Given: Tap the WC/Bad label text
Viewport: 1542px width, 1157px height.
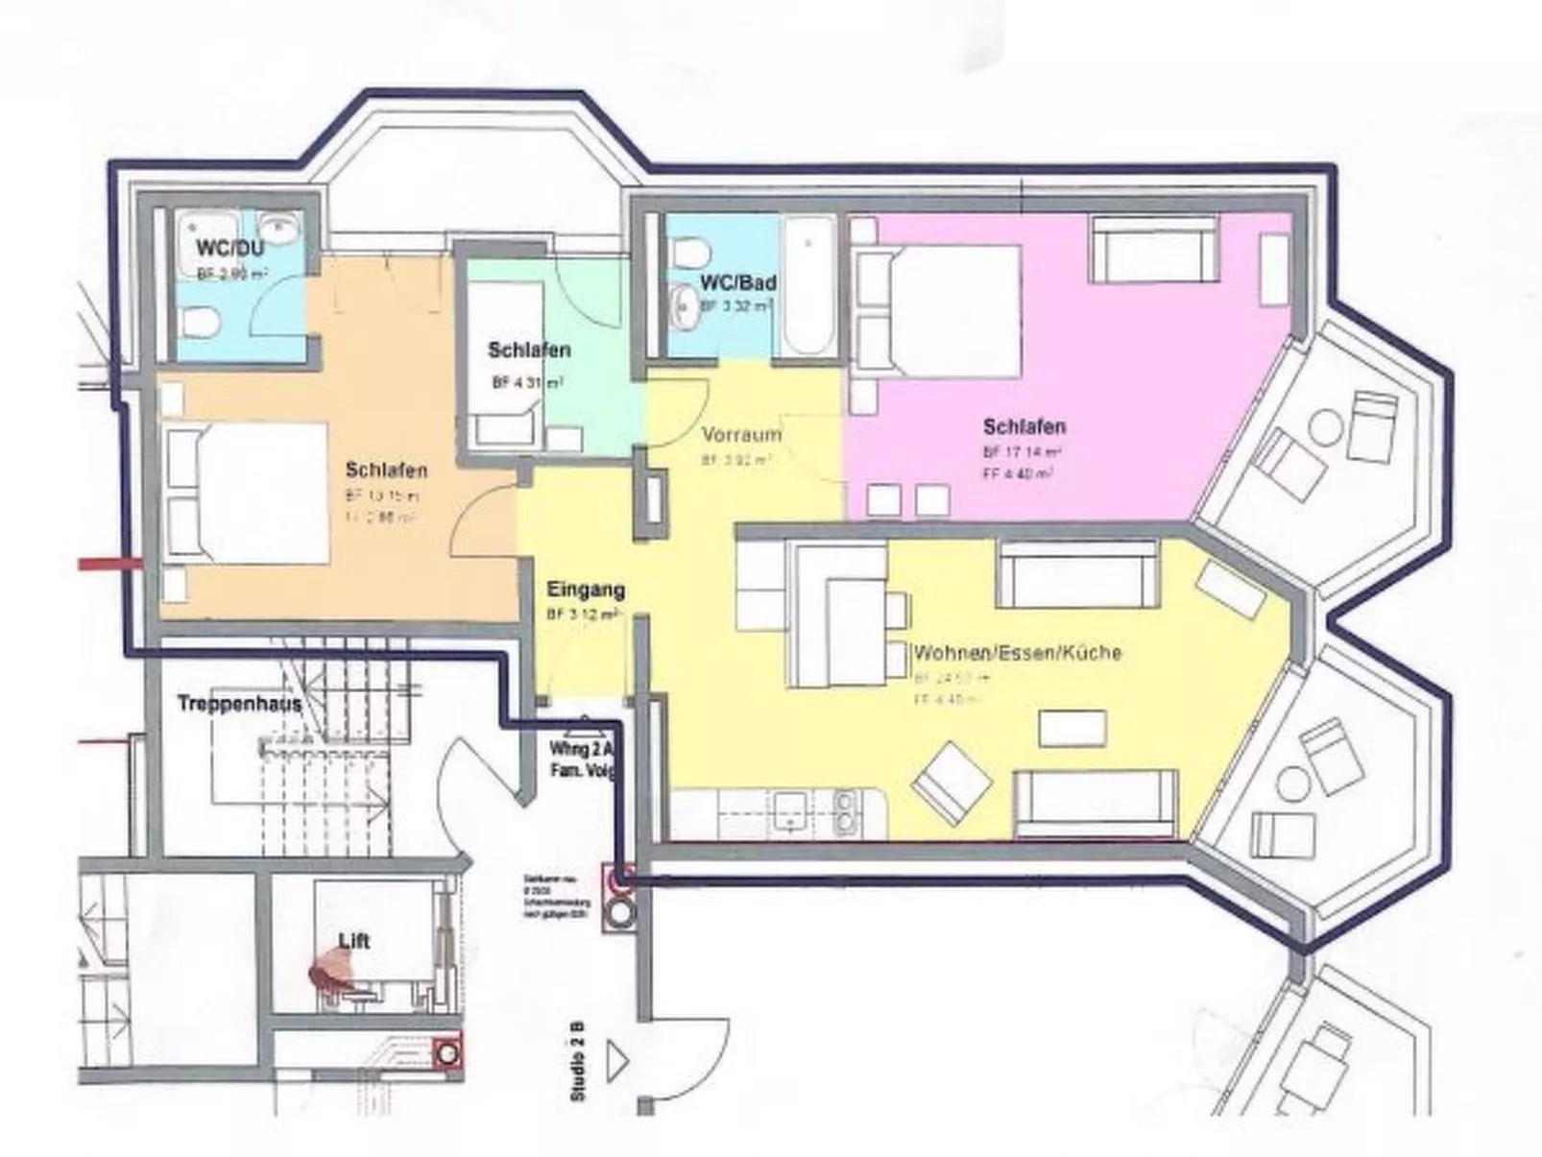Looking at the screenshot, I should click(737, 283).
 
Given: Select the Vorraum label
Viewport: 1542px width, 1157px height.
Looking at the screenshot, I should click(740, 435).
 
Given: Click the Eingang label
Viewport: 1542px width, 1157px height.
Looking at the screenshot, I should click(585, 590).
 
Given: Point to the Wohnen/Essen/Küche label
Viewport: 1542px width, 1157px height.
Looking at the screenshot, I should click(1016, 653).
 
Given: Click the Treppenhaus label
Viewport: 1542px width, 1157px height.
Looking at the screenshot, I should click(239, 704).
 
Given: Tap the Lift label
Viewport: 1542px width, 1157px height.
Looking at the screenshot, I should click(353, 941).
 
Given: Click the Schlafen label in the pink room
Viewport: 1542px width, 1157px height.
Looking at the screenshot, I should click(1024, 426).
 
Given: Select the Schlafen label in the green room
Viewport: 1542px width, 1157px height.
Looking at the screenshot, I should click(528, 350).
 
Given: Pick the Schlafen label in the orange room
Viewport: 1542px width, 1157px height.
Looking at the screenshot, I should click(386, 470).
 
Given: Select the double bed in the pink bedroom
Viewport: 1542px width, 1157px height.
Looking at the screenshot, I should click(951, 312).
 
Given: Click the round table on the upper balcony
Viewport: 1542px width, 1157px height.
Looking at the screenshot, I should click(1328, 427).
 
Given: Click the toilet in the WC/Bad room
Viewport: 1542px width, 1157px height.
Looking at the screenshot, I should click(688, 253).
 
